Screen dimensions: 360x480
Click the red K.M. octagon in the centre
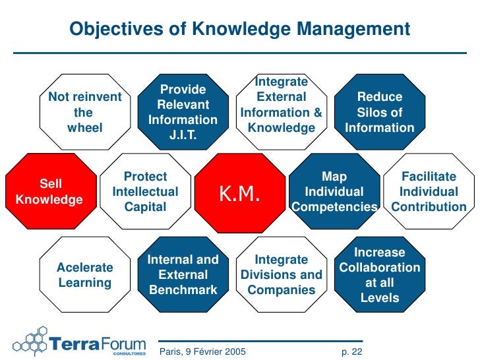coord(240,193)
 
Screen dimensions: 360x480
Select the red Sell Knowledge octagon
coord(49,191)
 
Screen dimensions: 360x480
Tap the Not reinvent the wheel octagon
coord(85,113)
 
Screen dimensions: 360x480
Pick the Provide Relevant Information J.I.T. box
coord(183,113)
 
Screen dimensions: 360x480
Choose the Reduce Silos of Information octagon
coord(380,113)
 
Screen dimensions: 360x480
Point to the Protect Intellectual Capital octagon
coord(145,192)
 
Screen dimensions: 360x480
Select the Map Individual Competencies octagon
coord(334,192)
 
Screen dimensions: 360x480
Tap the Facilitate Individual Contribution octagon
coord(429,192)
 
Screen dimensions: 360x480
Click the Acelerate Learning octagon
coord(85,275)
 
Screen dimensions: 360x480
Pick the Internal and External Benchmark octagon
coord(183,275)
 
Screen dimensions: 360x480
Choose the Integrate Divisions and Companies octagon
coord(282,275)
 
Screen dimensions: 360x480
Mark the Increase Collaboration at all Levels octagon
coord(380,275)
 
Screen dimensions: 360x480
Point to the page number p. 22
coord(352,352)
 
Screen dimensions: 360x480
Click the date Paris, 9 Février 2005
coord(203,352)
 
